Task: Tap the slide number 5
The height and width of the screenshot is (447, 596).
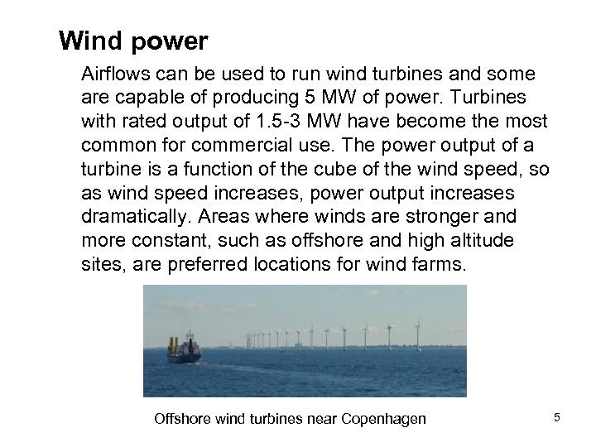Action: click(557, 417)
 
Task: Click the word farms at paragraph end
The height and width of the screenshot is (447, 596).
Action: click(442, 265)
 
